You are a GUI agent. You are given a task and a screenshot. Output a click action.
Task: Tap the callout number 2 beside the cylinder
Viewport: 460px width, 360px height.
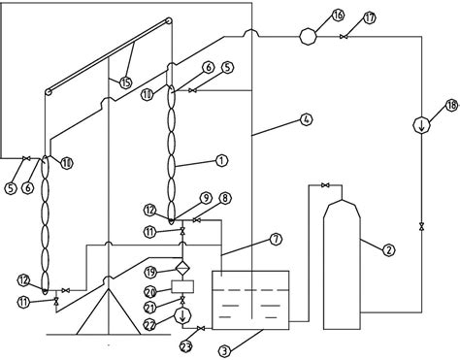point(388,251)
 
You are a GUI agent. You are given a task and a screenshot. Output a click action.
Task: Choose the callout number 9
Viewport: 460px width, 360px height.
point(207,197)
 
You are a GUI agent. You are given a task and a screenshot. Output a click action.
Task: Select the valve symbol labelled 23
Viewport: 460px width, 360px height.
point(201,330)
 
